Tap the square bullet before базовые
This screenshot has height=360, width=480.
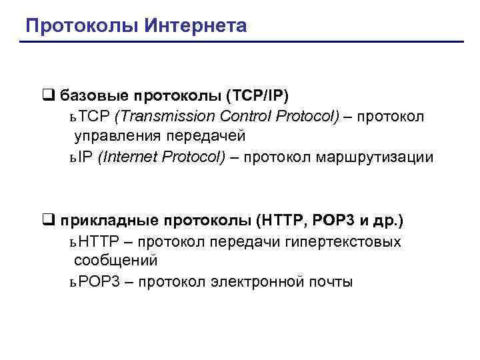point(47,95)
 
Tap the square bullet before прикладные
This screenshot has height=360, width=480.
point(47,220)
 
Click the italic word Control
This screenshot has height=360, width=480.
point(231,117)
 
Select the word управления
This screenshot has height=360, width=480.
point(111,137)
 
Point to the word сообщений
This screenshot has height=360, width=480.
point(116,261)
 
